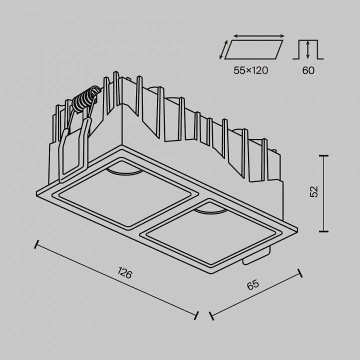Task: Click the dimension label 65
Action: coord(253,285)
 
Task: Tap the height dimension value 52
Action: coord(314,192)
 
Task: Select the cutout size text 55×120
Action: coord(250,70)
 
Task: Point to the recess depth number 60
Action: coord(308,70)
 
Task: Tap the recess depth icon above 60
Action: coord(308,50)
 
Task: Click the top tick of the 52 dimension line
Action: coord(323,156)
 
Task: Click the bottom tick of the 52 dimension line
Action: coord(323,231)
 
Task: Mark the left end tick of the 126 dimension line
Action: coord(36,244)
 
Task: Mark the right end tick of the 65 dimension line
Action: coord(300,273)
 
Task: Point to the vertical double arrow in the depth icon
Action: coord(308,50)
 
